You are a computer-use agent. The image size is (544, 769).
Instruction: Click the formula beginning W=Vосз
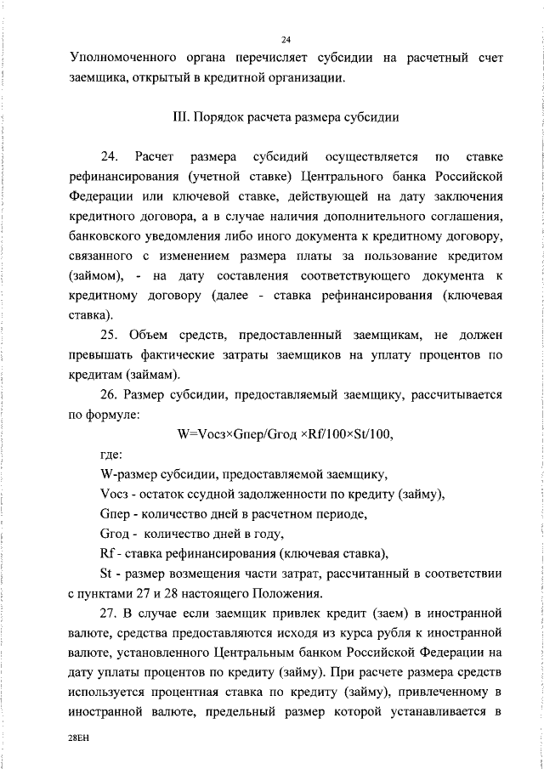[286, 434]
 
